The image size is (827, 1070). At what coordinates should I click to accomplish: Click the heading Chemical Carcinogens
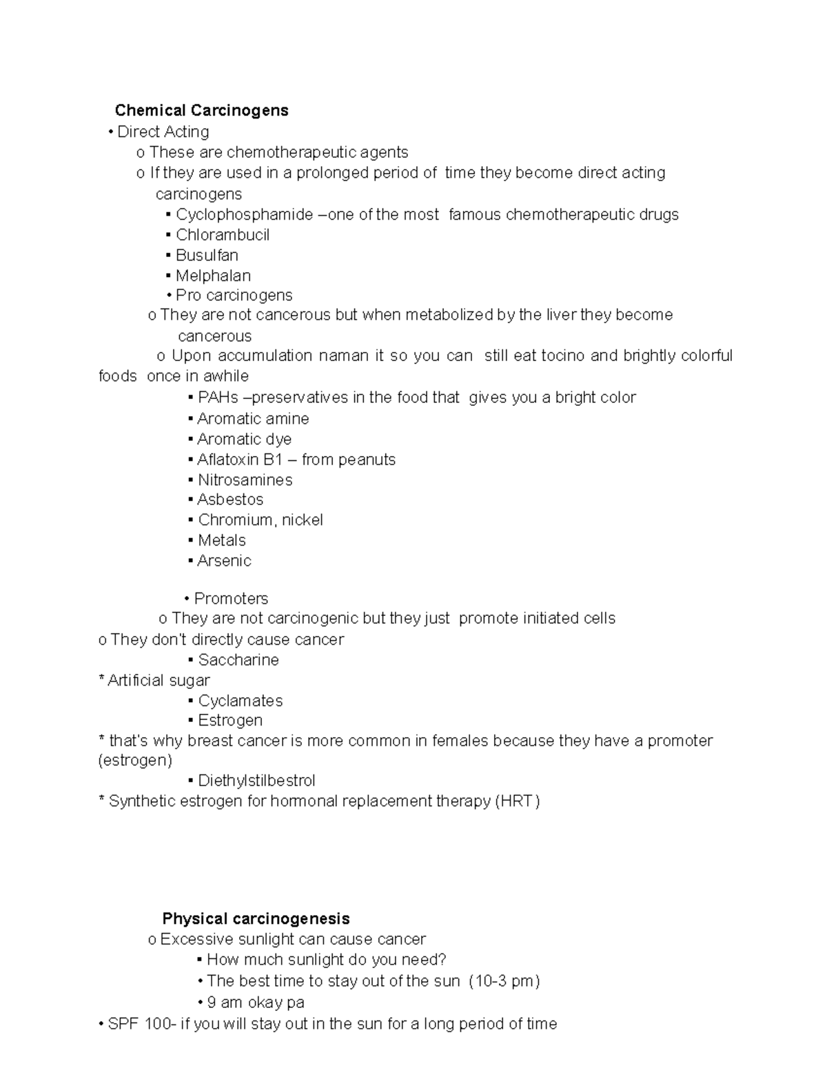click(x=201, y=110)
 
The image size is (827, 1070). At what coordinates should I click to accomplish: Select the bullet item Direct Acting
click(x=163, y=132)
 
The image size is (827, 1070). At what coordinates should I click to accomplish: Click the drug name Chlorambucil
click(x=222, y=235)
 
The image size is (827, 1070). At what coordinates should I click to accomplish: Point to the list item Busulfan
click(x=207, y=256)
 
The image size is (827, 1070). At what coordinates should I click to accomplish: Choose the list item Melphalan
click(x=213, y=276)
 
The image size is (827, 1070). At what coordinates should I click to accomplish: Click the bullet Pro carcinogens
click(x=234, y=296)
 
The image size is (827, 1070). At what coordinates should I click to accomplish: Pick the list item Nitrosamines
click(x=245, y=480)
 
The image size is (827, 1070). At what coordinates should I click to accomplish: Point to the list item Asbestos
click(x=230, y=500)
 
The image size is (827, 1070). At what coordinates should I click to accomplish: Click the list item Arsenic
click(x=224, y=561)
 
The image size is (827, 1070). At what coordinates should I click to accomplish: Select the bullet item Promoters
click(x=231, y=599)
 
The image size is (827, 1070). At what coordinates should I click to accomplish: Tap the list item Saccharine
click(x=238, y=660)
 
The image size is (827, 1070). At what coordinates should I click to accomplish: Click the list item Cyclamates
click(x=241, y=701)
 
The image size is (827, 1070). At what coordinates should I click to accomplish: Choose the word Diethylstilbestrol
click(x=256, y=781)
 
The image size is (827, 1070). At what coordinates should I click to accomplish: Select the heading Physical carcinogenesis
click(x=256, y=918)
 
